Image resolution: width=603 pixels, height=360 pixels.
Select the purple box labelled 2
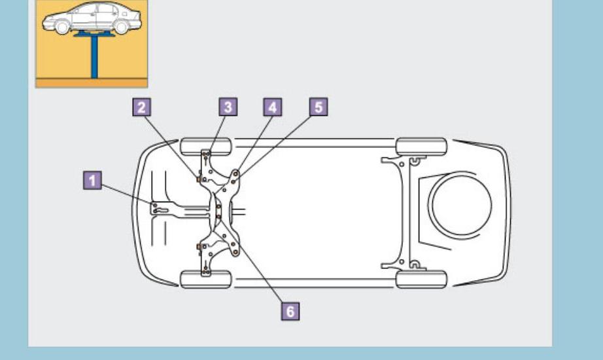(x=143, y=107)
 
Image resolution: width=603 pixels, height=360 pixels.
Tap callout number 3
(x=228, y=107)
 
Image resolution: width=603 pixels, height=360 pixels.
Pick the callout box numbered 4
(x=273, y=107)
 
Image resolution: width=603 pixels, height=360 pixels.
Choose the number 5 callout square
(x=319, y=107)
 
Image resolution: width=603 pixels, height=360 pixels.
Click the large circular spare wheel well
(x=462, y=206)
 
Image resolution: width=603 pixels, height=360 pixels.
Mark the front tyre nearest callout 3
(x=205, y=145)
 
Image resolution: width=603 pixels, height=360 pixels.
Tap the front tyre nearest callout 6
(x=205, y=279)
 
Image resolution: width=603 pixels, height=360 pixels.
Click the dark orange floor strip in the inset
(x=92, y=83)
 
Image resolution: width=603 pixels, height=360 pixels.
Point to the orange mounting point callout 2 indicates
(x=198, y=177)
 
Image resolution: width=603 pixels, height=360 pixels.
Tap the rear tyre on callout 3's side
(x=421, y=145)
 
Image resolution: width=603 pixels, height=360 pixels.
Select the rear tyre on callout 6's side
(x=421, y=279)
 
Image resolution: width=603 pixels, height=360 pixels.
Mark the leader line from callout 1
(x=128, y=194)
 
